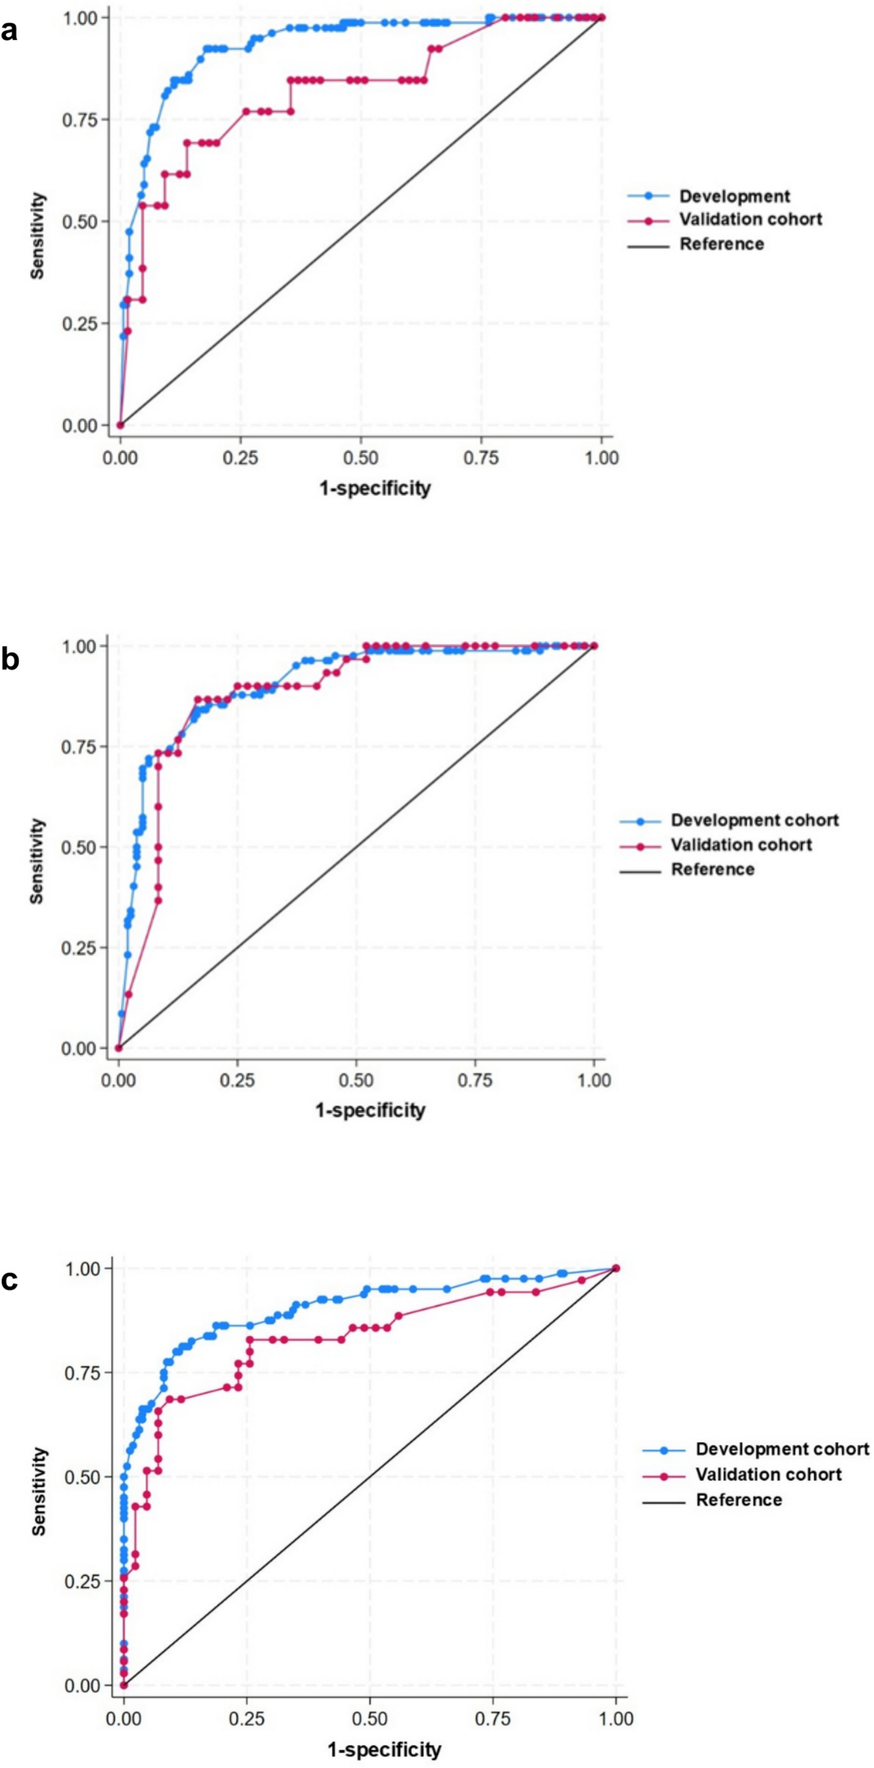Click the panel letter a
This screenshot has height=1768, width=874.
point(9,31)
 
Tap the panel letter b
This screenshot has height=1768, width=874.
point(10,659)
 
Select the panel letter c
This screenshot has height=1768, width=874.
point(9,1280)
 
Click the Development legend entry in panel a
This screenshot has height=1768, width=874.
point(735,197)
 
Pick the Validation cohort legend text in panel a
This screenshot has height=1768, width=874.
point(750,220)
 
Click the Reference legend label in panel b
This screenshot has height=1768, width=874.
point(713,870)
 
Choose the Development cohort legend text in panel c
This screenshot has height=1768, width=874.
point(782,1449)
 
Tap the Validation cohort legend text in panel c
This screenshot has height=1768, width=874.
point(769,1474)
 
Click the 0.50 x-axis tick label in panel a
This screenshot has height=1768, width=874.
point(361,457)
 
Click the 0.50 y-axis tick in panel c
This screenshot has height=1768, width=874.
point(83,1477)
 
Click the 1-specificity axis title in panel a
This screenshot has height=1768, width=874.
point(375,488)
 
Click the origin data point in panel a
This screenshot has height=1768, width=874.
point(121,426)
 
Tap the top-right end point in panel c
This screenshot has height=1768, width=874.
point(616,1268)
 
